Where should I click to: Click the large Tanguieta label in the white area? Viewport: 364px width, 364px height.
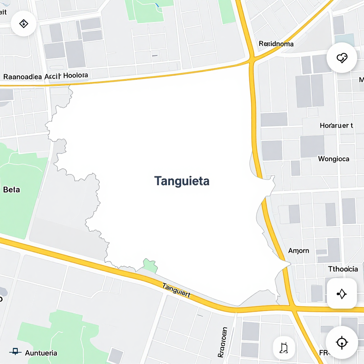pos(182,181)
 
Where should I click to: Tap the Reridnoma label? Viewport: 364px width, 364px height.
pos(276,44)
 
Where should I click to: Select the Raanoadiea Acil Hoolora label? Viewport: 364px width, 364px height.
pos(45,76)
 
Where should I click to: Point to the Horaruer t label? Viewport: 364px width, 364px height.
pos(336,125)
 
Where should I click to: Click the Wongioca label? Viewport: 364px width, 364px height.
pos(333,159)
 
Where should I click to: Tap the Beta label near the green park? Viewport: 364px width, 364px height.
pos(11,189)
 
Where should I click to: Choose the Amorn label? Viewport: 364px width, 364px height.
pos(298,251)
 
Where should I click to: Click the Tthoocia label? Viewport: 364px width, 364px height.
pos(343,269)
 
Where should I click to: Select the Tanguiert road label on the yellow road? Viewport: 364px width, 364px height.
pos(176,290)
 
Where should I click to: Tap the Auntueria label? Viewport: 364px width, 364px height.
pos(41,353)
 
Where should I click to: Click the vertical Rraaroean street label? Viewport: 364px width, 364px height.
pos(223,342)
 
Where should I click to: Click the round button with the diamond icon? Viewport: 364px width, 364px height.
pos(23,24)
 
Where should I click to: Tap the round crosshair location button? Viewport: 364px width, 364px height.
pos(342,342)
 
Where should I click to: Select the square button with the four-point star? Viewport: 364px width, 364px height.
pos(342,294)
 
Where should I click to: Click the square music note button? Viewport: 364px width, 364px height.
pos(284,348)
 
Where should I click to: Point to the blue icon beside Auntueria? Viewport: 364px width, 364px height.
pos(15,352)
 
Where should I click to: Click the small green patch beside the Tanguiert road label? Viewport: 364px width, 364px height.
pos(150,266)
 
